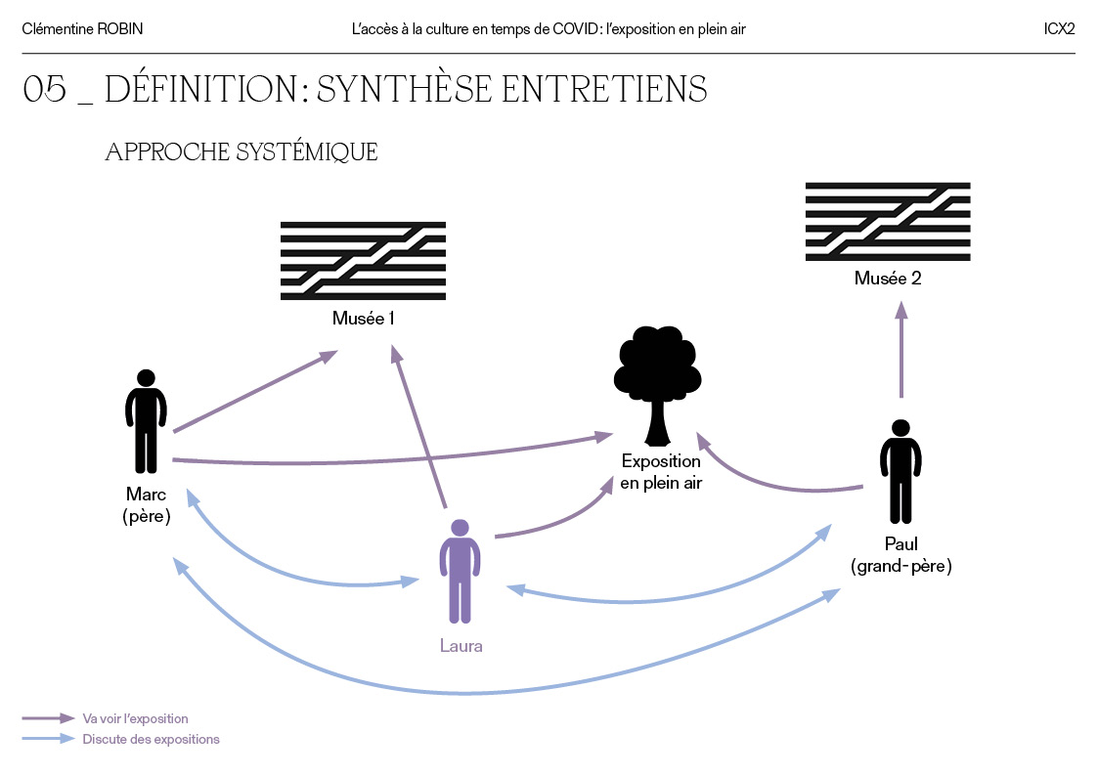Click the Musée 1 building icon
[363, 260]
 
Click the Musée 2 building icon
[887, 222]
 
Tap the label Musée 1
[363, 319]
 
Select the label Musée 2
[887, 279]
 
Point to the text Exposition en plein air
[661, 471]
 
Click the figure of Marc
[146, 421]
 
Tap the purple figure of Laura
[460, 571]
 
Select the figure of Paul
[900, 471]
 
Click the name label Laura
[461, 646]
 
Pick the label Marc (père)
[147, 505]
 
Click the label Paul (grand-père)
[900, 554]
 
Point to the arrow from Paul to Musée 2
[901, 350]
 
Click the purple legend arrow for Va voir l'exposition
[48, 718]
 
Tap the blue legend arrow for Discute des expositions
[48, 739]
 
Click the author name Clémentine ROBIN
[82, 29]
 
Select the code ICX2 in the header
[1059, 29]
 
